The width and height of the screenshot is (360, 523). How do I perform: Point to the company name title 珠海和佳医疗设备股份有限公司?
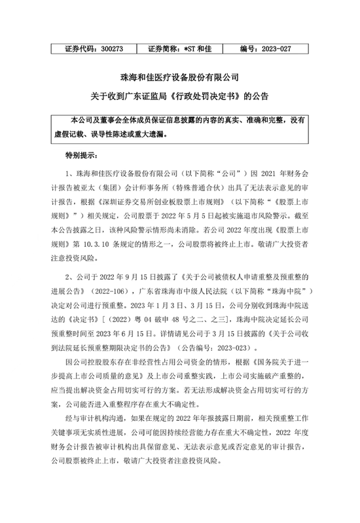point(179,77)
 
